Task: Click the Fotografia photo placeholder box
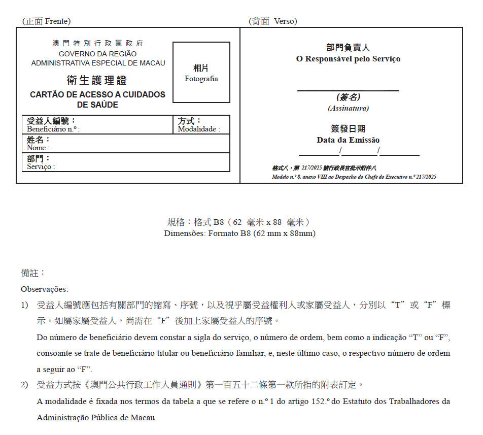(201, 72)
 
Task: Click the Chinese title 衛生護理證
(97, 80)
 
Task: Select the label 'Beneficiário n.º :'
(53, 129)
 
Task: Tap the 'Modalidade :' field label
(199, 129)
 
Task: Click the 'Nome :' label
(38, 148)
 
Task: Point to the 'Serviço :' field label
(41, 166)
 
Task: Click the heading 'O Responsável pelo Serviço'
(348, 59)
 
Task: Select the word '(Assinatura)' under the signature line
(348, 108)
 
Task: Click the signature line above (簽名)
(348, 90)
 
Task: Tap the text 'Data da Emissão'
(348, 140)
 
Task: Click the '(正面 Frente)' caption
(46, 21)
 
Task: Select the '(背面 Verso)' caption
(272, 21)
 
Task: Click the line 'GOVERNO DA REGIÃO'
(97, 54)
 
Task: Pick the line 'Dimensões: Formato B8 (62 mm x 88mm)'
(239, 233)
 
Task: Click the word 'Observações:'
(44, 289)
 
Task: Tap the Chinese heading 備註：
(33, 273)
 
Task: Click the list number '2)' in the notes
(24, 385)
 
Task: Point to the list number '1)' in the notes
(24, 306)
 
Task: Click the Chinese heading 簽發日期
(348, 129)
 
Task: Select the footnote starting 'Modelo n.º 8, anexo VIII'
(354, 177)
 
